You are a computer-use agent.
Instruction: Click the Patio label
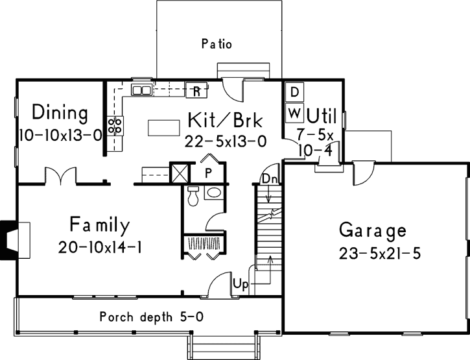pos(217,45)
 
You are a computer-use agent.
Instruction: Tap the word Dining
pos(60,113)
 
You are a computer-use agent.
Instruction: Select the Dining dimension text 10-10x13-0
pos(60,136)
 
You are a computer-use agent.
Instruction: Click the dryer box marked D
pos(294,92)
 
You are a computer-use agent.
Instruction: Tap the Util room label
pos(321,117)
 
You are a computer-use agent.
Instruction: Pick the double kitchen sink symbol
pos(141,90)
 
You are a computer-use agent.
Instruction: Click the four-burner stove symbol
pos(115,125)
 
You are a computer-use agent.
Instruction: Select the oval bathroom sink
pos(213,193)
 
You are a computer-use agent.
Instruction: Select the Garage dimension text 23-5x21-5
pos(379,254)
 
